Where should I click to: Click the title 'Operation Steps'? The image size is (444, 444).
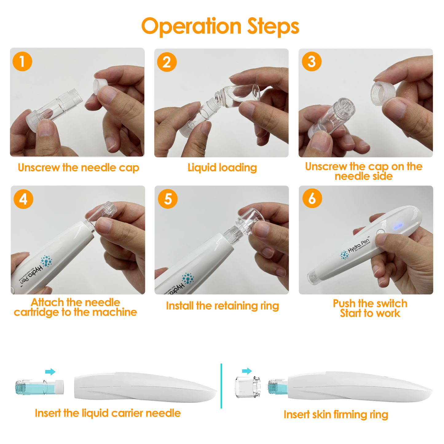(x=220, y=26)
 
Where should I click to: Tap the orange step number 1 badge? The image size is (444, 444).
(x=22, y=61)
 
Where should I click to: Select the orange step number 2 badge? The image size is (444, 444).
(x=167, y=62)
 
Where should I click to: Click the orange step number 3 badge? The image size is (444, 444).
(x=311, y=61)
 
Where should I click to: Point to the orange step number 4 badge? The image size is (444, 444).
(x=23, y=199)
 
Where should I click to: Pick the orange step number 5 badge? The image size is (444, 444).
(x=167, y=199)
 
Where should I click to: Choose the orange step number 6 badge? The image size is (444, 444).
(x=312, y=198)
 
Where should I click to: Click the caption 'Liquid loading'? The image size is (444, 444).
(x=222, y=168)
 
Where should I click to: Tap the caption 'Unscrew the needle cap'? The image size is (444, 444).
(x=78, y=168)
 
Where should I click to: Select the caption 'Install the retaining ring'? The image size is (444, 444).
(x=222, y=306)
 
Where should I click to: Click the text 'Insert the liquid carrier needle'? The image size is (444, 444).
(x=108, y=413)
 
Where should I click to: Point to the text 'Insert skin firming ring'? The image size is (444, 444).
(x=336, y=415)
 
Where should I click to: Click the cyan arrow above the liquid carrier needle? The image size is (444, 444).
(x=50, y=372)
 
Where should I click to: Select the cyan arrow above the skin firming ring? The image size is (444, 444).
(x=247, y=371)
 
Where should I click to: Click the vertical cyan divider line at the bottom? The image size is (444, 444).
(x=221, y=386)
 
